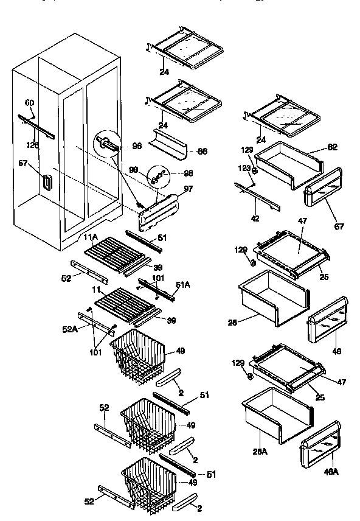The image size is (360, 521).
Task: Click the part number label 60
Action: [30, 102]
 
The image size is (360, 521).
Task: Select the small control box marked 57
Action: [46, 183]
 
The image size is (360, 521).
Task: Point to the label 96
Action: [137, 146]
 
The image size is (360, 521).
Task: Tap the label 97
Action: [188, 189]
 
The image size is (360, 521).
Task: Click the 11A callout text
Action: [91, 236]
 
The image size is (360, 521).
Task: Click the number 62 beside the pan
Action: [332, 147]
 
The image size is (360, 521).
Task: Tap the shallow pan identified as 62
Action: [286, 164]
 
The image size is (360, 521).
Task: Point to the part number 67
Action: [339, 226]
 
